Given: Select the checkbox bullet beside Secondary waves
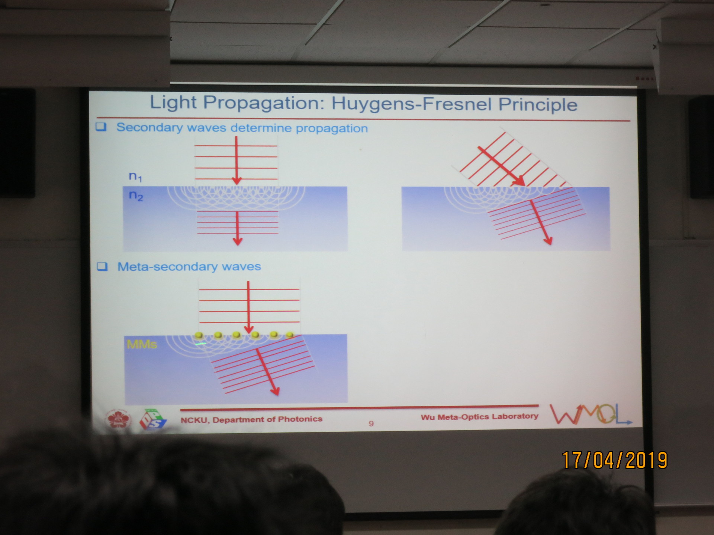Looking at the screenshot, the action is pyautogui.click(x=101, y=127).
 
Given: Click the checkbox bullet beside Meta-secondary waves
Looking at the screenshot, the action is pyautogui.click(x=102, y=266).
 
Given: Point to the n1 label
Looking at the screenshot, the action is pyautogui.click(x=135, y=176).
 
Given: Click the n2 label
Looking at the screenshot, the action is pyautogui.click(x=136, y=195).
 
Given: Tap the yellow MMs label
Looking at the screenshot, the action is pyautogui.click(x=142, y=344).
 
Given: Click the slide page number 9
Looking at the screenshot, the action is pyautogui.click(x=371, y=424).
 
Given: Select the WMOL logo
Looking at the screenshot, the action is pyautogui.click(x=591, y=414).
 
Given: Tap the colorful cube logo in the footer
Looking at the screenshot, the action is pyautogui.click(x=153, y=419).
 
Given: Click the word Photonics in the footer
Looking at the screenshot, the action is pyautogui.click(x=300, y=419).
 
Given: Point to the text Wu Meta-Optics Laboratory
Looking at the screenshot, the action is pyautogui.click(x=479, y=416).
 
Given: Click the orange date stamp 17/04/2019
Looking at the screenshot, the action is pyautogui.click(x=615, y=461).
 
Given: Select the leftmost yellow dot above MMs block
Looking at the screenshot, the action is pyautogui.click(x=199, y=335).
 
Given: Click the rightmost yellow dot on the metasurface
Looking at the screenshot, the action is pyautogui.click(x=290, y=335).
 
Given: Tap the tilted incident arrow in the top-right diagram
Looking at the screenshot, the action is pyautogui.click(x=501, y=166).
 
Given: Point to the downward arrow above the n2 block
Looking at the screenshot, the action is pyautogui.click(x=237, y=160).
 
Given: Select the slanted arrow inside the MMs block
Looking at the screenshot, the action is pyautogui.click(x=267, y=372).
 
